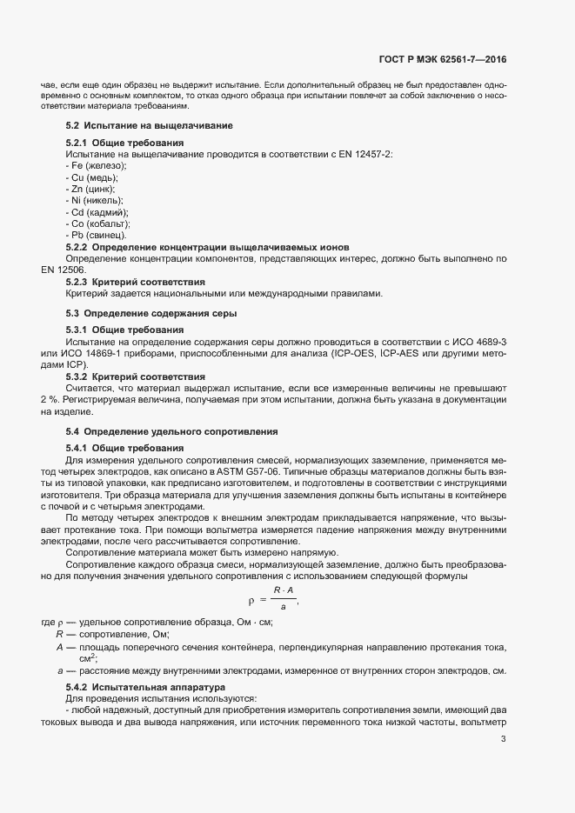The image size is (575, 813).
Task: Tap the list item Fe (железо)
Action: (97, 165)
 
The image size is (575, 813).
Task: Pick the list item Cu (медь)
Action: (95, 177)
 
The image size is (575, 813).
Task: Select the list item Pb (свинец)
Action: (97, 235)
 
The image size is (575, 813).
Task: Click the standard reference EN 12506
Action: (63, 270)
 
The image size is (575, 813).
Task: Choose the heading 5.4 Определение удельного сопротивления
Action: (171, 431)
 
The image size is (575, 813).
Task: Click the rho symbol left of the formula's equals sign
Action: (251, 601)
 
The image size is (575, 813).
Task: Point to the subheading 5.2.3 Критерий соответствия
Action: (136, 282)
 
